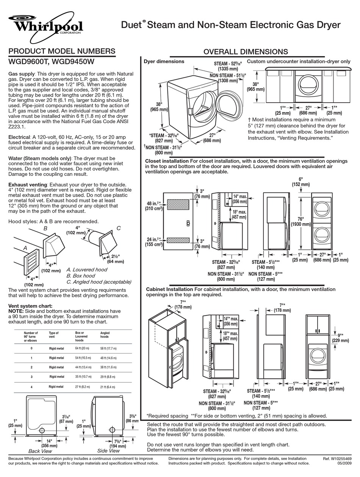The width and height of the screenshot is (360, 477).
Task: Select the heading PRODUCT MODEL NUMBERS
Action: coord(62,51)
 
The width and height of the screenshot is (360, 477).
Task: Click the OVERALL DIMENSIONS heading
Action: coord(246,52)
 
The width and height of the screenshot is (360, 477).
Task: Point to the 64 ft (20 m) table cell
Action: coord(82,348)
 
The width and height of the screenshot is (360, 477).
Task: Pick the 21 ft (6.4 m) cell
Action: coord(108,387)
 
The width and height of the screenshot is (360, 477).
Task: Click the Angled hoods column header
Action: coord(105,335)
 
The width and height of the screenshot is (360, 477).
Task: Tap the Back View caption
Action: coord(40,451)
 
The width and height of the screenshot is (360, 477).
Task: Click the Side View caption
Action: coord(108,451)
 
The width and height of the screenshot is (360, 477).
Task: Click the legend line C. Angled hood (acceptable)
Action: coord(99,282)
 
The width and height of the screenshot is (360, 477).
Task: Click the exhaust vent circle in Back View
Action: coord(42,430)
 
